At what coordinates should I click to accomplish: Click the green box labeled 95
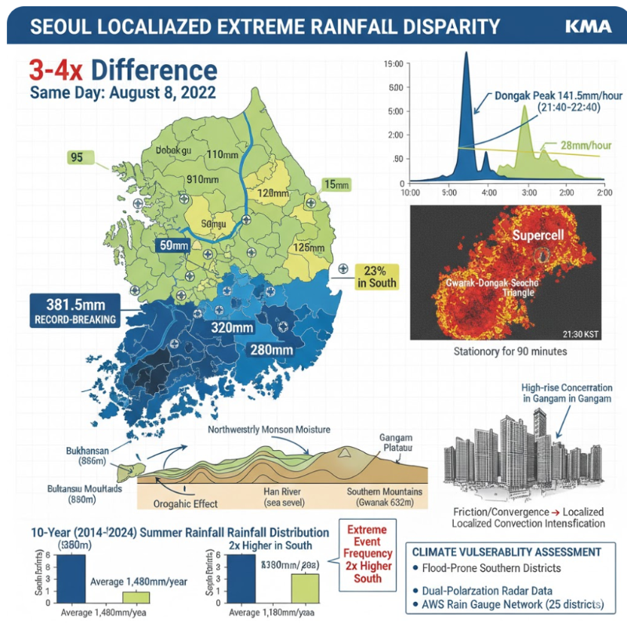pyautogui.click(x=76, y=157)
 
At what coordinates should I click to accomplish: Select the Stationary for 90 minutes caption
pyautogui.click(x=510, y=351)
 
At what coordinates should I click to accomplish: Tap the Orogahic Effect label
pyautogui.click(x=185, y=503)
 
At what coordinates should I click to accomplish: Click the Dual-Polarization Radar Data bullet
pyautogui.click(x=510, y=591)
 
